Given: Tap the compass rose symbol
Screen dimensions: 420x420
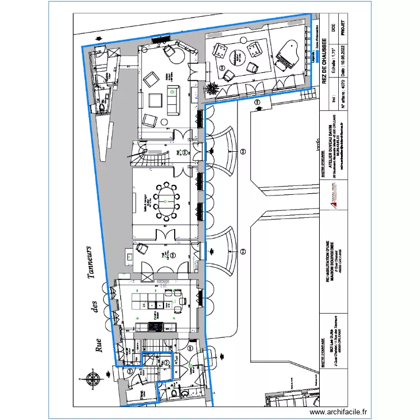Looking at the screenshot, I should (x=93, y=379).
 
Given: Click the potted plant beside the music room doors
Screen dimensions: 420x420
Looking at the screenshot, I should (x=212, y=88).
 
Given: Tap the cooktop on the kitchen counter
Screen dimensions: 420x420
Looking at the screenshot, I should (x=155, y=326).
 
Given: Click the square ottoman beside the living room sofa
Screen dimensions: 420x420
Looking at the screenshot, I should (x=157, y=100).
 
